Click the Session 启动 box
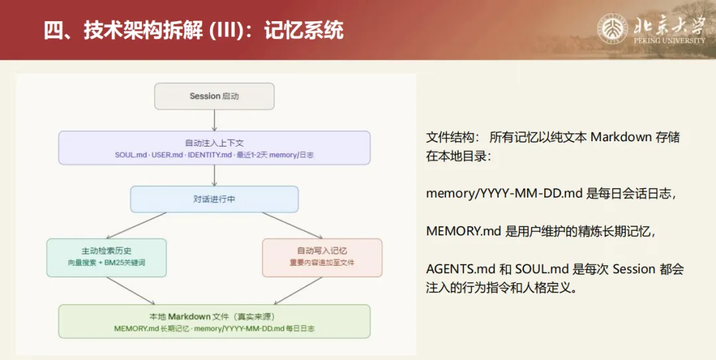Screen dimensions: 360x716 click(214, 96)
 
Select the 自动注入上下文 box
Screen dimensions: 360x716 click(214, 147)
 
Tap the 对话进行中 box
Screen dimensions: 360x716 click(214, 199)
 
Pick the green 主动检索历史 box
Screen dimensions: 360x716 click(106, 257)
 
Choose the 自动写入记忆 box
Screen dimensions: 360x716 click(322, 257)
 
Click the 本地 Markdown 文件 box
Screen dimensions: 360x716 click(214, 322)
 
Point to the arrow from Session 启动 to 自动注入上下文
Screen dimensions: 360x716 click(214, 120)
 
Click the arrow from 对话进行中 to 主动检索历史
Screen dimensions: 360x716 click(136, 225)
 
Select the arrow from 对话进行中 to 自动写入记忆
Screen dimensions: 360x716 click(292, 225)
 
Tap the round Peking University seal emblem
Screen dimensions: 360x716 click(613, 29)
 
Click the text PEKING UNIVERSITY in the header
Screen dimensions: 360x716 click(669, 40)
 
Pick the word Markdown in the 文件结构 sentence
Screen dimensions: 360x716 click(621, 137)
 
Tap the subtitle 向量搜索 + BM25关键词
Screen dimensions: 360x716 click(106, 263)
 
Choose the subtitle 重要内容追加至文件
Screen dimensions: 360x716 click(322, 263)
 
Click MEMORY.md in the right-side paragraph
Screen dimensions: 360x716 click(463, 231)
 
